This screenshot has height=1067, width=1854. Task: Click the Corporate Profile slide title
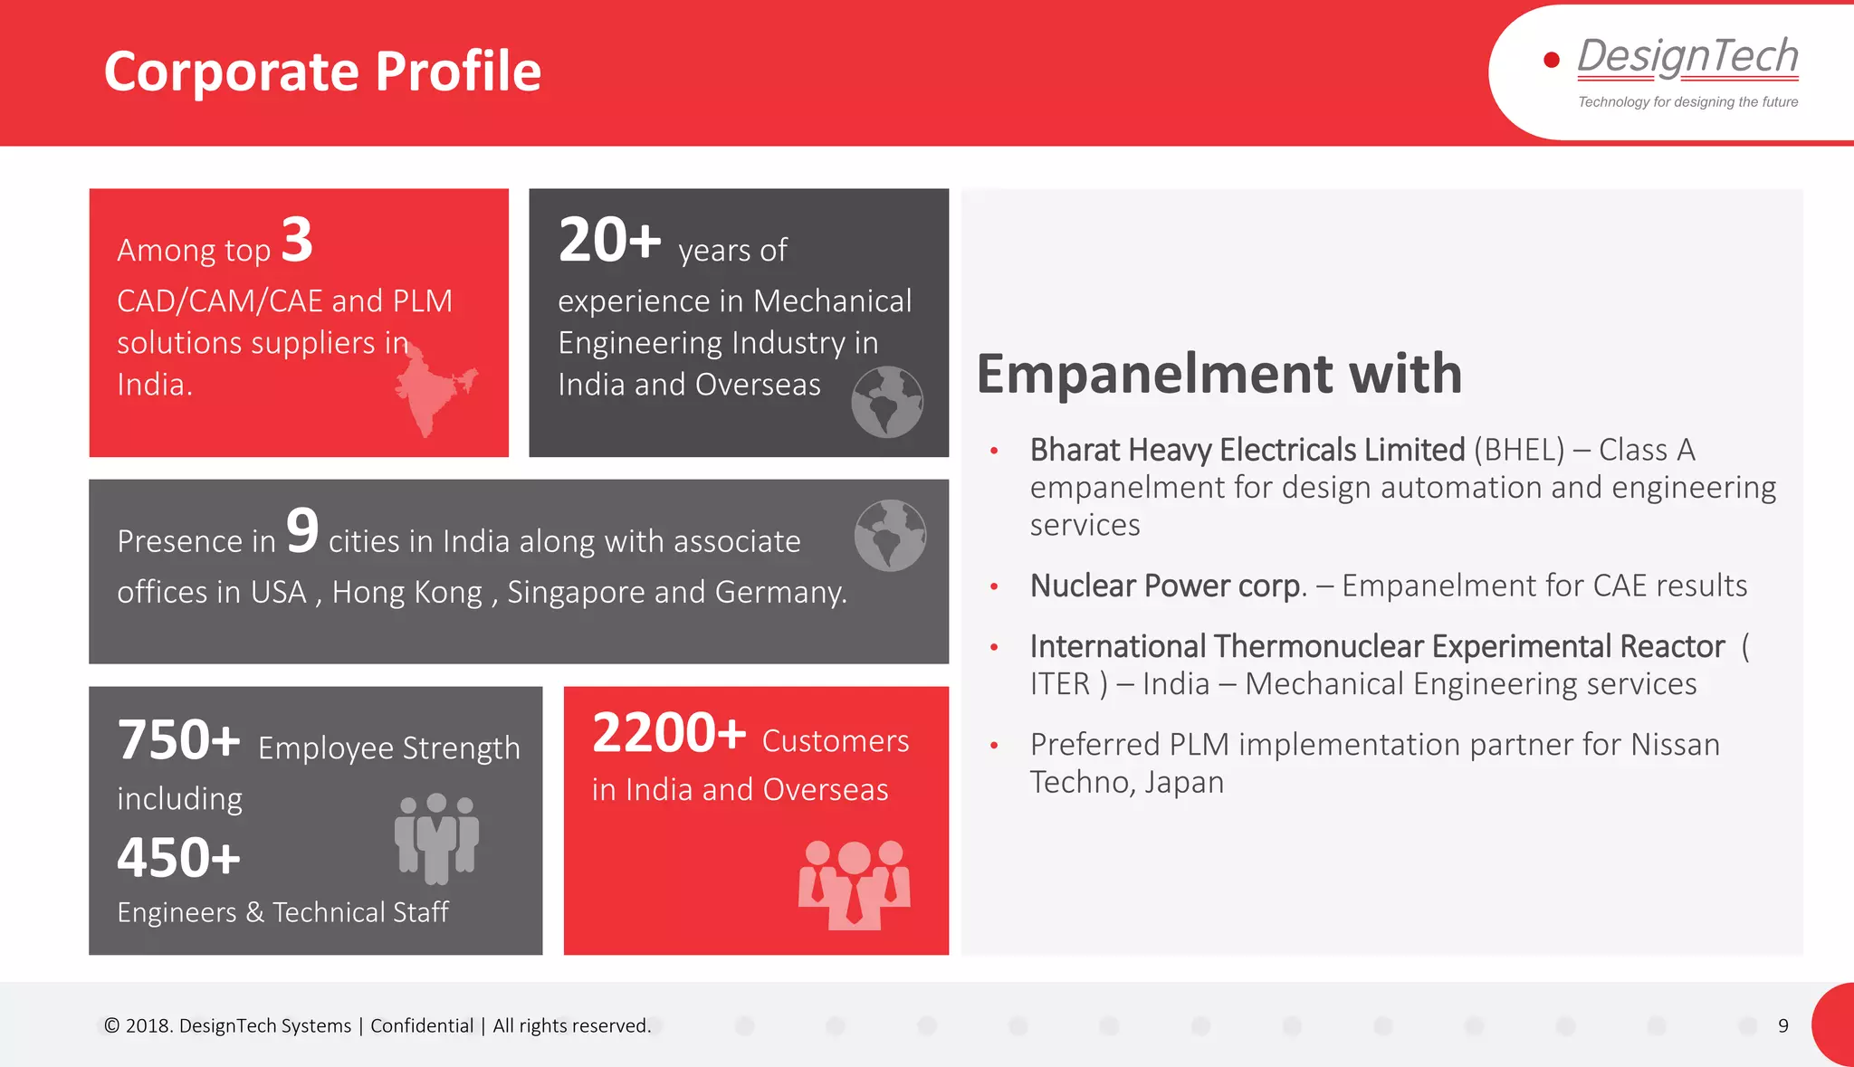[322, 71]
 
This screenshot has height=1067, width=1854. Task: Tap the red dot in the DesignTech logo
[1551, 60]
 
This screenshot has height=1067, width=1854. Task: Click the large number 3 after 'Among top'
[297, 241]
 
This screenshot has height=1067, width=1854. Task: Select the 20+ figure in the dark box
[609, 241]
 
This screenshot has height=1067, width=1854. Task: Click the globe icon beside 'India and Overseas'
[887, 402]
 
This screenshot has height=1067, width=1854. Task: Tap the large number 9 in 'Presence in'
[302, 531]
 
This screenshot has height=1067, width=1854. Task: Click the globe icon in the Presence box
[890, 536]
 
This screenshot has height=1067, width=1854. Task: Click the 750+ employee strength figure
[179, 740]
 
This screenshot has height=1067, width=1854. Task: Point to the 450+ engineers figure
[179, 858]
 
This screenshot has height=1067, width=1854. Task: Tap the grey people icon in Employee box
[436, 838]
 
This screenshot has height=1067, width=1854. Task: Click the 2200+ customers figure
[669, 733]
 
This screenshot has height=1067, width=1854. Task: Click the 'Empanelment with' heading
[1218, 374]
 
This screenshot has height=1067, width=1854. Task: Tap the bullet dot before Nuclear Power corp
[994, 586]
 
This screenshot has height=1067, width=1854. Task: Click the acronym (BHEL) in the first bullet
[1518, 450]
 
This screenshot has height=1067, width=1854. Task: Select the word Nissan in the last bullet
[1674, 745]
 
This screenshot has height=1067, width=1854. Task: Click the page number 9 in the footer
[1782, 1025]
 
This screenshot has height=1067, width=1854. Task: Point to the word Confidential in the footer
[422, 1025]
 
